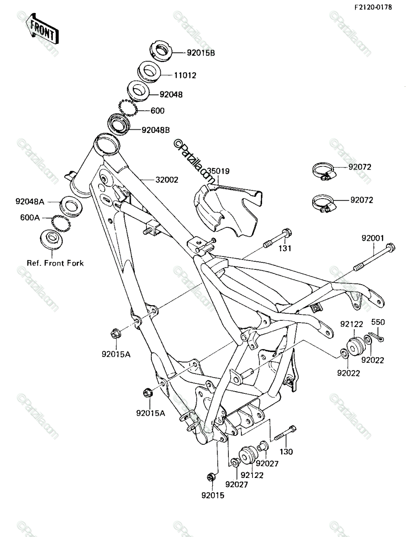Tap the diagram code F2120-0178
pyautogui.click(x=373, y=7)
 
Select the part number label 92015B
pyautogui.click(x=201, y=53)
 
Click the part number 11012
pyautogui.click(x=185, y=75)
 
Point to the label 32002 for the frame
pyautogui.click(x=167, y=180)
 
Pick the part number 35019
pyautogui.click(x=218, y=171)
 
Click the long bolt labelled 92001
pyautogui.click(x=374, y=257)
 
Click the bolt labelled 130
pyautogui.click(x=285, y=433)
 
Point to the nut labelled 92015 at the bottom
pyautogui.click(x=211, y=477)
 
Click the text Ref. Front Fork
pyautogui.click(x=55, y=263)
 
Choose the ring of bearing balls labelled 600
pyautogui.click(x=128, y=108)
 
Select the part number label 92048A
pyautogui.click(x=30, y=202)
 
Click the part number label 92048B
pyautogui.click(x=156, y=130)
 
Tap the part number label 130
pyautogui.click(x=286, y=452)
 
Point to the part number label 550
pyautogui.click(x=378, y=322)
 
